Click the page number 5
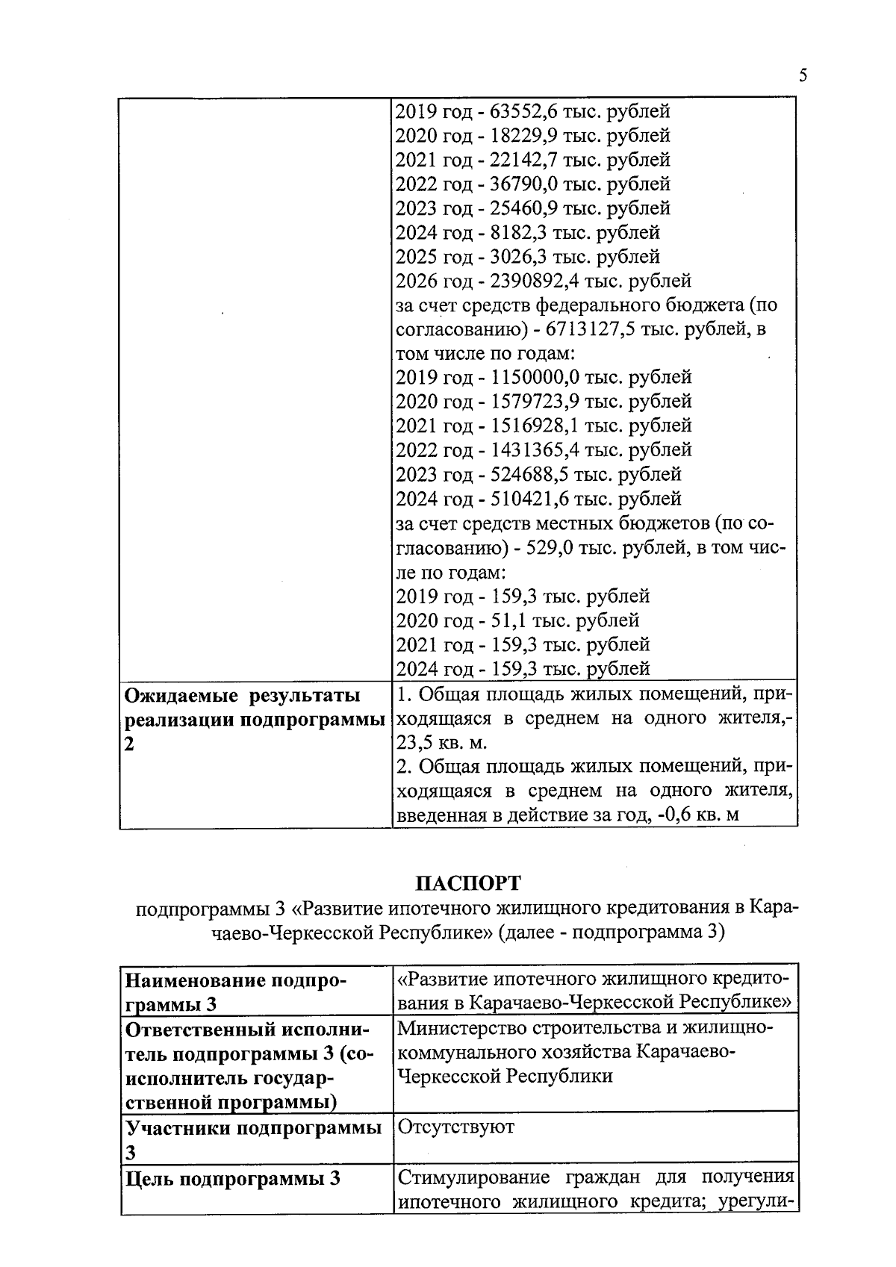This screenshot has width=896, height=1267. click(x=803, y=75)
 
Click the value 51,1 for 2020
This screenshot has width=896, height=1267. click(x=504, y=620)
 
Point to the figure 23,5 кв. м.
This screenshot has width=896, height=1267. click(x=441, y=743)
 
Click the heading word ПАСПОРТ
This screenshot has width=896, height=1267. click(x=467, y=883)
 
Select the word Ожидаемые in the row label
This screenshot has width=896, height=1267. click(x=176, y=696)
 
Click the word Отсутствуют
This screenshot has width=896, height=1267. click(x=455, y=1127)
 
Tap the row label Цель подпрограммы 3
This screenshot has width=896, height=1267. click(x=232, y=1179)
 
